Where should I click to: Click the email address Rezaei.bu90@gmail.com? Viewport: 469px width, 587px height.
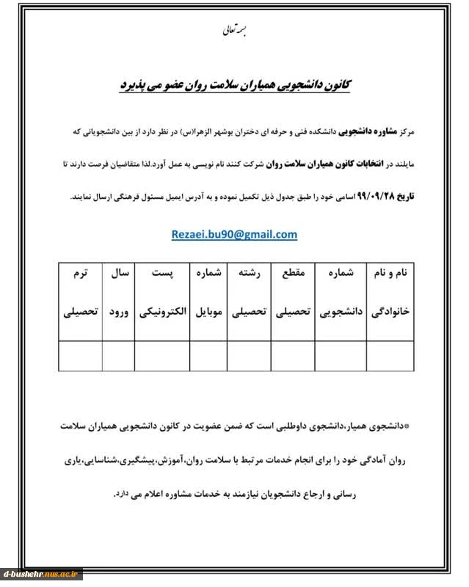click(234, 235)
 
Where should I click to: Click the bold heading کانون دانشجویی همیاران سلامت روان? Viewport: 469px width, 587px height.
click(234, 86)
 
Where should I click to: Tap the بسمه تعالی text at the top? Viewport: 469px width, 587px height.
click(235, 32)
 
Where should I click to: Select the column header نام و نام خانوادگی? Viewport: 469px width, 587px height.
click(392, 293)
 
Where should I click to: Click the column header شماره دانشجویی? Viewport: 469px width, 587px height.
click(340, 293)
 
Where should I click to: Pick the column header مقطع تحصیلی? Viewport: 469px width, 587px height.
click(292, 293)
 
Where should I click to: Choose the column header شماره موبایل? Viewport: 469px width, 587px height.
click(208, 293)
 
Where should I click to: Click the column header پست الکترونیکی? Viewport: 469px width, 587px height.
click(161, 293)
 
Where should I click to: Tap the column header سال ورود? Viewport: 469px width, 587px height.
click(118, 293)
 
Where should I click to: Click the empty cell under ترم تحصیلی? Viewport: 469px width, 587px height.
click(80, 356)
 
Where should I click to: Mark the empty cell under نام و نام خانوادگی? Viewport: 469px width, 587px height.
click(392, 356)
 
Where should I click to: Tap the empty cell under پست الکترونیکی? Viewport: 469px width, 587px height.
click(161, 356)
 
